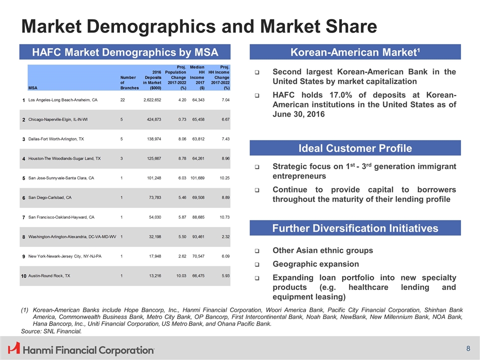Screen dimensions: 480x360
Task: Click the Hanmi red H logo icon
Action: coord(14,348)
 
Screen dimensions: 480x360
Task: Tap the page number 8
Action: coord(468,348)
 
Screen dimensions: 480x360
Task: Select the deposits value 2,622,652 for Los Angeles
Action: coord(152,100)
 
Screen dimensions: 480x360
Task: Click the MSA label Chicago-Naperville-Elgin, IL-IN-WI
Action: coord(58,119)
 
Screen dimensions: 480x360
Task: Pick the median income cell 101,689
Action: coord(197,178)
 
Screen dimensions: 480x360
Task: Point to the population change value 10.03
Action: coord(181,275)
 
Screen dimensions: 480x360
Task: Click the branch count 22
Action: coord(122,100)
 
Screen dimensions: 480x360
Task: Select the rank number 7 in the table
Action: coord(23,217)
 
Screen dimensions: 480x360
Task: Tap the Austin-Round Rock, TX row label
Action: coord(49,275)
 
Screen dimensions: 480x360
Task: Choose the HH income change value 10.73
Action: coord(224,217)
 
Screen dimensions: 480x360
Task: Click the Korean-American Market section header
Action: coord(355,52)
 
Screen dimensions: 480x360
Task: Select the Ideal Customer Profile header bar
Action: coord(355,148)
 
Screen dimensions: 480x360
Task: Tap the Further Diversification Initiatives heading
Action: coord(355,228)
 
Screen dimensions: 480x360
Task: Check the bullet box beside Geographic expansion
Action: coord(257,264)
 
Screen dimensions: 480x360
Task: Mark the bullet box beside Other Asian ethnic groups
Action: coord(257,250)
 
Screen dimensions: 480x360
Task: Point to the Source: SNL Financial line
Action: coord(51,331)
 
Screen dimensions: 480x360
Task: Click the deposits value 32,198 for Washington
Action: coord(155,236)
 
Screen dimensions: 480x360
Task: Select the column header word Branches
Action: coord(129,88)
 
